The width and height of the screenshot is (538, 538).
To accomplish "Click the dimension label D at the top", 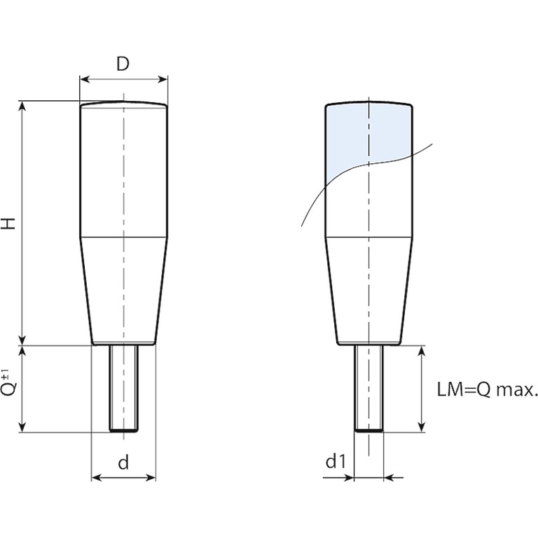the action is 123,64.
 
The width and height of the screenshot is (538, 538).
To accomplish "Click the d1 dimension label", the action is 336,461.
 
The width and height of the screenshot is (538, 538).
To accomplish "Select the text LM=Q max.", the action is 487,389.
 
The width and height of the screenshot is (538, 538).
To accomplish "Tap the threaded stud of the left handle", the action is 124,387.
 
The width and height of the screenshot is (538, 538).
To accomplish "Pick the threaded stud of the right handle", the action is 369,387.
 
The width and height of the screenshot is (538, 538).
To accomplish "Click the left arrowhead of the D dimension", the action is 84,80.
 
